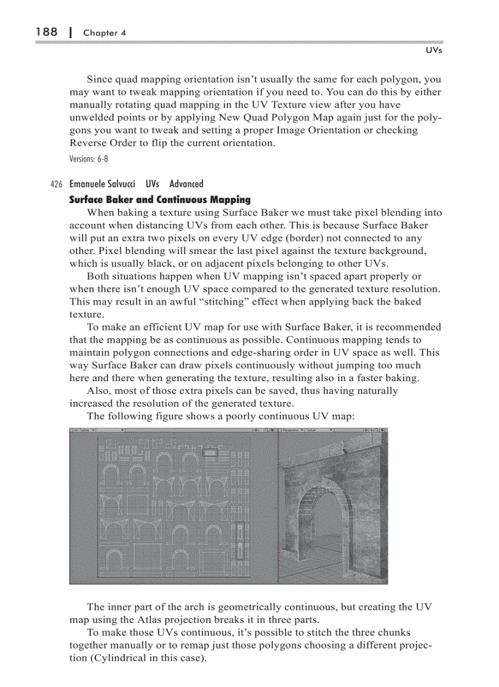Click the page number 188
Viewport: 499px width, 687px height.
coord(46,32)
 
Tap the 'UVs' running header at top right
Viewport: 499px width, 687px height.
coord(433,51)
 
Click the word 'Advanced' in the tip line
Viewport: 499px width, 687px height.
coord(187,184)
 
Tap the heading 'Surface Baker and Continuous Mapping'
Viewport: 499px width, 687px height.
coord(160,199)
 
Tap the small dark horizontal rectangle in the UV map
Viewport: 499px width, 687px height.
coord(210,453)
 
